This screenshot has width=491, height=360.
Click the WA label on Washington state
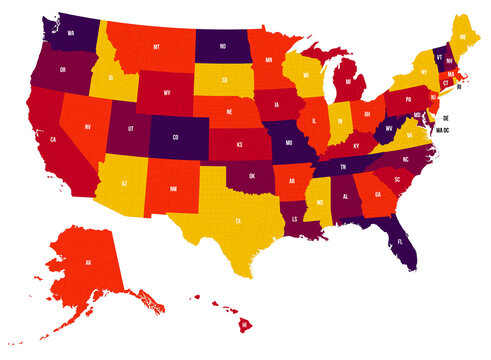pos(71,33)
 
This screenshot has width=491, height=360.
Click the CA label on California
pos(52,140)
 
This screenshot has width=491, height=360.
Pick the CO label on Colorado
pos(176,137)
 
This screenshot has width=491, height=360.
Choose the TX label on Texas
pos(237,219)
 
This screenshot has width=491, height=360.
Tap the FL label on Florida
pos(401,241)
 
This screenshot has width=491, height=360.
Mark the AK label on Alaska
pos(90,263)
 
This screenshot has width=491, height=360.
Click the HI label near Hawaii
pos(244,323)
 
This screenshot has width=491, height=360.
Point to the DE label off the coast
pos(445,118)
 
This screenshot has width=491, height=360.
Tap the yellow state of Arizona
pos(124,184)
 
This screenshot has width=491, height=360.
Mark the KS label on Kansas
pos(241,144)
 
